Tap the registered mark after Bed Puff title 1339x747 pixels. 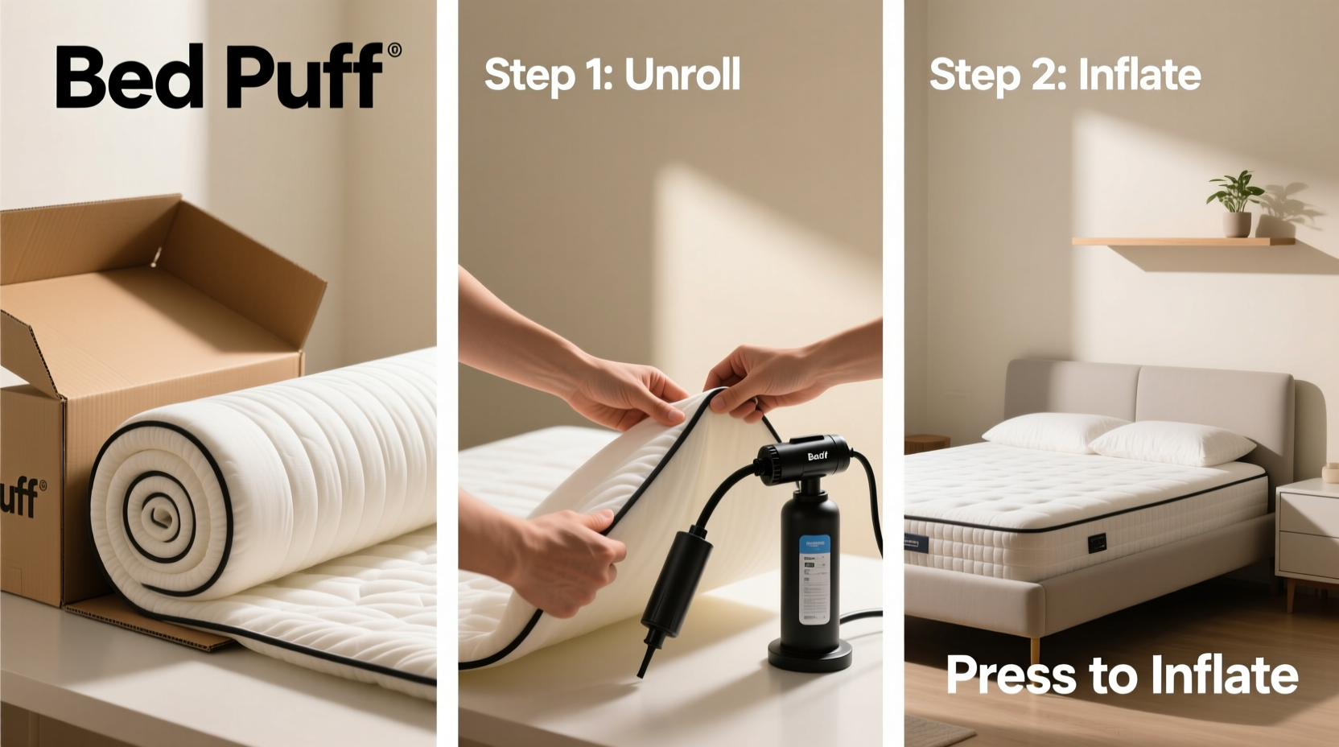pyautogui.click(x=394, y=51)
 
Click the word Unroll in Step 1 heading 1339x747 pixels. pyautogui.click(x=682, y=75)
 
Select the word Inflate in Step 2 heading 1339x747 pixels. pyautogui.click(x=1139, y=75)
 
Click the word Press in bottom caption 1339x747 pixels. pyautogui.click(x=1011, y=675)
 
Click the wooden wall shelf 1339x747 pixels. pyautogui.click(x=1183, y=241)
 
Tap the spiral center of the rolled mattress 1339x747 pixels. pyautogui.click(x=156, y=512)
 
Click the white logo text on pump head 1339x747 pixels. pyautogui.click(x=817, y=456)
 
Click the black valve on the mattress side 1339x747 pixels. pyautogui.click(x=1097, y=543)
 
